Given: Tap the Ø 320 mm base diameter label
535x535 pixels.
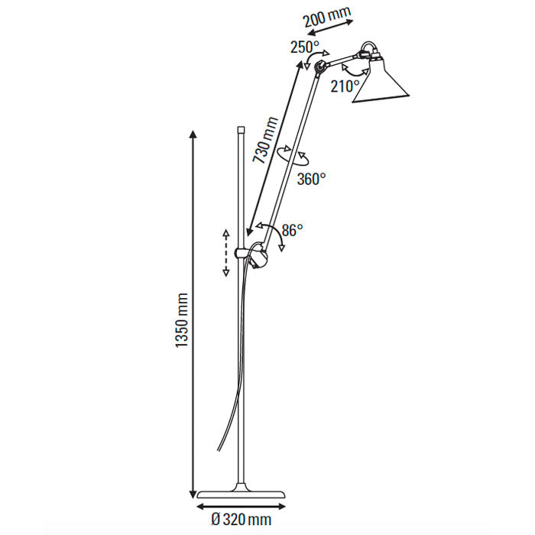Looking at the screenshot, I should pos(242,519).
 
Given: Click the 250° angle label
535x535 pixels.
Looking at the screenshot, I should pos(303,47).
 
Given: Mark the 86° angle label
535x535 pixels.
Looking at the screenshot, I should pos(291,229).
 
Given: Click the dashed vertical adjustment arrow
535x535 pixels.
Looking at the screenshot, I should pos(225,252).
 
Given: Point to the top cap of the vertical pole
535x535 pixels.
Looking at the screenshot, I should pos(241,131).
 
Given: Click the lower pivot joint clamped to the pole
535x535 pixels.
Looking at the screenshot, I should pos(258,256).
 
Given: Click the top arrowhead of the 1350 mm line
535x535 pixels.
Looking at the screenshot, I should pos(190,135).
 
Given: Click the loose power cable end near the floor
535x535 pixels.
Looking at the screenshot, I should pos(221,451).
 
